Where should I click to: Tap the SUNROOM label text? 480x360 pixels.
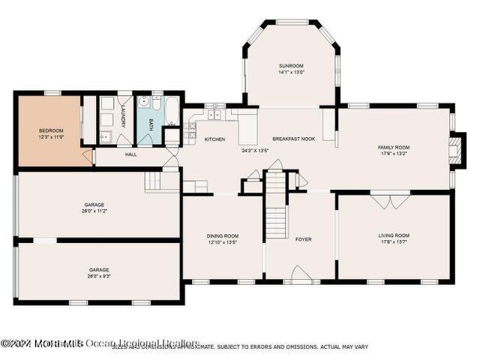pos(290,66)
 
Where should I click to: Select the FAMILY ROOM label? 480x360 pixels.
pos(393,147)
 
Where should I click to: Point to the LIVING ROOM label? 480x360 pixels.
pos(394,235)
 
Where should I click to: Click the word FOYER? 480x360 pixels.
pos(303,239)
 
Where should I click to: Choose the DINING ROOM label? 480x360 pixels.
pos(222,235)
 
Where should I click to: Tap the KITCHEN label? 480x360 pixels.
pos(215,139)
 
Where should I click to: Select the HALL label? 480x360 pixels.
pos(130,154)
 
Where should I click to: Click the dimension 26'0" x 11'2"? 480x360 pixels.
pos(94,211)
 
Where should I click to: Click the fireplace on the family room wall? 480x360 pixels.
pos(454,148)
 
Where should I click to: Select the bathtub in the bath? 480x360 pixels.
pos(171,111)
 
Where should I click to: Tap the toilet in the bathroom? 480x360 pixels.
pos(144,103)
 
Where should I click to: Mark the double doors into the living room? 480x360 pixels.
pos(389,200)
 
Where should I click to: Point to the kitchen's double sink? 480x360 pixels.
pos(214,115)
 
